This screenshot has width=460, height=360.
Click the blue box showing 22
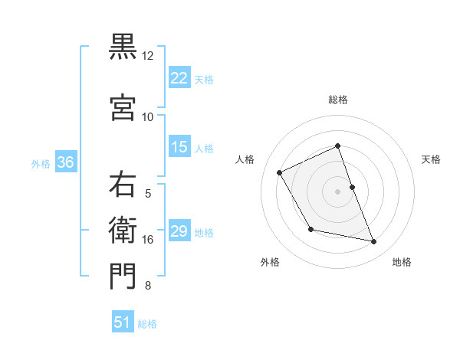[179, 77]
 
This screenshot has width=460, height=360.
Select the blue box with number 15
[179, 147]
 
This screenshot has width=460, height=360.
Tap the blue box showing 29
[179, 231]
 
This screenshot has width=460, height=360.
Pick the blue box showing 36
[65, 162]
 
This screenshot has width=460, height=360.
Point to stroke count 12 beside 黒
[148, 56]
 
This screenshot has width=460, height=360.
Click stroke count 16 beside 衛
[148, 240]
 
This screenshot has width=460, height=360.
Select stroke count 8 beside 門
[148, 286]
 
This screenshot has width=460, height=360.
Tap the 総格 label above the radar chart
[337, 100]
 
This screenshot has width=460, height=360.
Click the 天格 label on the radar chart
[431, 159]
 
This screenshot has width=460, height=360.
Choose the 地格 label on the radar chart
[402, 262]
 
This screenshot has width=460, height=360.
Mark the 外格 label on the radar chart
[270, 262]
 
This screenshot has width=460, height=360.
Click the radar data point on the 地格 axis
[374, 242]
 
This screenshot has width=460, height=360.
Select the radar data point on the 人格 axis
[280, 172]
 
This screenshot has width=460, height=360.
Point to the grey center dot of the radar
[337, 191]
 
